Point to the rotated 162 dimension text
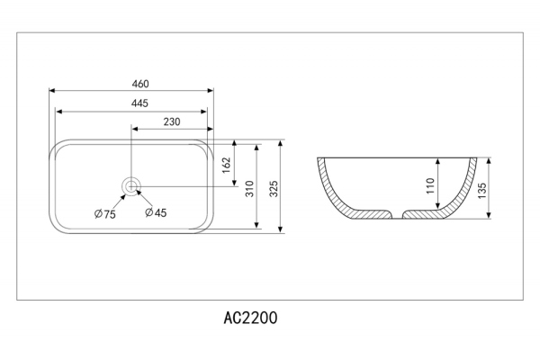pyautogui.click(x=226, y=165)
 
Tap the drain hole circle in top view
pyautogui.click(x=132, y=187)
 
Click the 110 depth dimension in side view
pyautogui.click(x=430, y=186)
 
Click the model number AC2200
pyautogui.click(x=250, y=318)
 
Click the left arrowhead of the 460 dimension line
pyautogui.click(x=51, y=91)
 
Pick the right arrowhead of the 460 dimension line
pyautogui.click(x=211, y=91)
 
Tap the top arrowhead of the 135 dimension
pyautogui.click(x=490, y=161)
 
